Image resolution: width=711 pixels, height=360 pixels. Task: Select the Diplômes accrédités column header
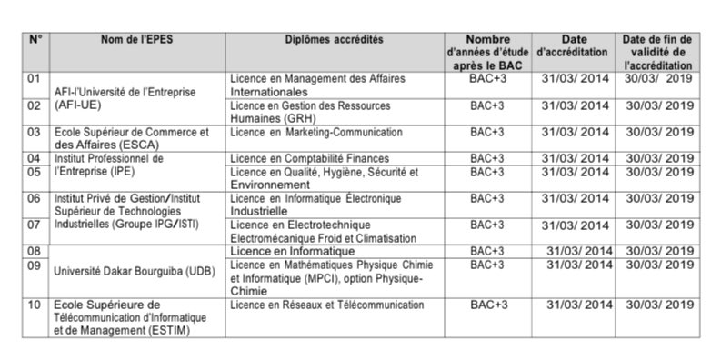[x=334, y=40]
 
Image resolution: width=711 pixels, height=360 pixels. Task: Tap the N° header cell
[x=35, y=40]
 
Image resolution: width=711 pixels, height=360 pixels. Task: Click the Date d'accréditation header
[x=575, y=46]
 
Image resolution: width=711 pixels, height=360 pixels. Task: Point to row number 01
[x=35, y=79]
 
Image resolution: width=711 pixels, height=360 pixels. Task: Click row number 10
[x=35, y=305]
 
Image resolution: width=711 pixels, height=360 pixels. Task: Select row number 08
[x=35, y=250]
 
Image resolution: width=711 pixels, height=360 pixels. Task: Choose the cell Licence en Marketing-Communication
[x=304, y=133]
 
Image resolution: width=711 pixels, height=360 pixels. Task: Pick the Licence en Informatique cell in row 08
[x=292, y=250]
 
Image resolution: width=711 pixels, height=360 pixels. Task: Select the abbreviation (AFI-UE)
[x=81, y=105]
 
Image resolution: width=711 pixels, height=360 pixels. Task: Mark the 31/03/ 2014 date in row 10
[x=580, y=305]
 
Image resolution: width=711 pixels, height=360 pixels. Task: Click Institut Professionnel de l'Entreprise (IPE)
[x=109, y=165]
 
